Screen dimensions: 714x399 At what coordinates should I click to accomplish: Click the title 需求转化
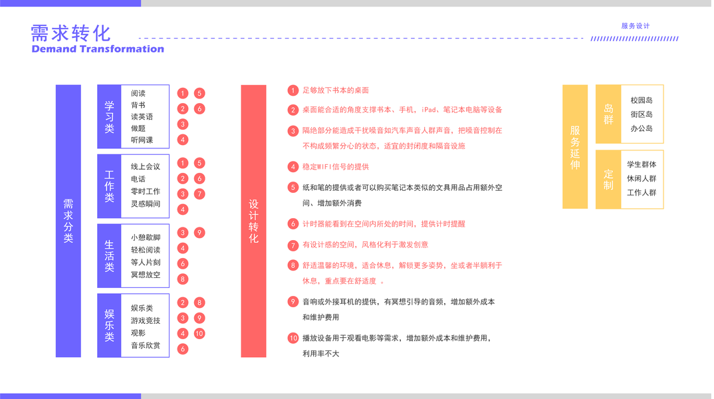point(70,32)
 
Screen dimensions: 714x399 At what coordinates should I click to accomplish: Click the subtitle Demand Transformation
point(97,49)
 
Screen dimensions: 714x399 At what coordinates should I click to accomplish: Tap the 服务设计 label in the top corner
point(635,26)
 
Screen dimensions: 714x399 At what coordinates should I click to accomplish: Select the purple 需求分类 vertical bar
point(68,220)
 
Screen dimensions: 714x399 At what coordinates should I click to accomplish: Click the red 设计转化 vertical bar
point(253,220)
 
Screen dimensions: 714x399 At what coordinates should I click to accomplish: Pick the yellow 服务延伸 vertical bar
point(575,147)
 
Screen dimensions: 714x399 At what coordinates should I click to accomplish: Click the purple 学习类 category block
point(110,116)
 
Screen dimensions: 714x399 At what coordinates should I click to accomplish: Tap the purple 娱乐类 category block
point(110,325)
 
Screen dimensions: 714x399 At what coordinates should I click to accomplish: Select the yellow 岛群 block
point(608,114)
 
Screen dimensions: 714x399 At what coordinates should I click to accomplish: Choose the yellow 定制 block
point(608,179)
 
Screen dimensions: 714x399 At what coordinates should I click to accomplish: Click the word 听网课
point(142,140)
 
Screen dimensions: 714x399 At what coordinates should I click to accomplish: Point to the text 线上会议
point(146,167)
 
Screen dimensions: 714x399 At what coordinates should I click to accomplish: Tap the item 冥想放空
point(146,275)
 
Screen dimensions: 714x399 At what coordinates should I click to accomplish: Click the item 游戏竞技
point(146,321)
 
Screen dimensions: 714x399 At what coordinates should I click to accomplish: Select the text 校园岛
point(642,100)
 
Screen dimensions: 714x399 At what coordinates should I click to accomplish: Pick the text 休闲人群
point(642,179)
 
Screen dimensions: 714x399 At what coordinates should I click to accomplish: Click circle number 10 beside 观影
point(199,334)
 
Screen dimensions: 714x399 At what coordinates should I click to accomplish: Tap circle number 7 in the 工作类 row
point(199,194)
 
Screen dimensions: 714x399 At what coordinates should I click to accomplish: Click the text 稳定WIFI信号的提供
point(335,167)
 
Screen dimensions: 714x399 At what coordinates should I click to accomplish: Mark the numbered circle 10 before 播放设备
point(293,338)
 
